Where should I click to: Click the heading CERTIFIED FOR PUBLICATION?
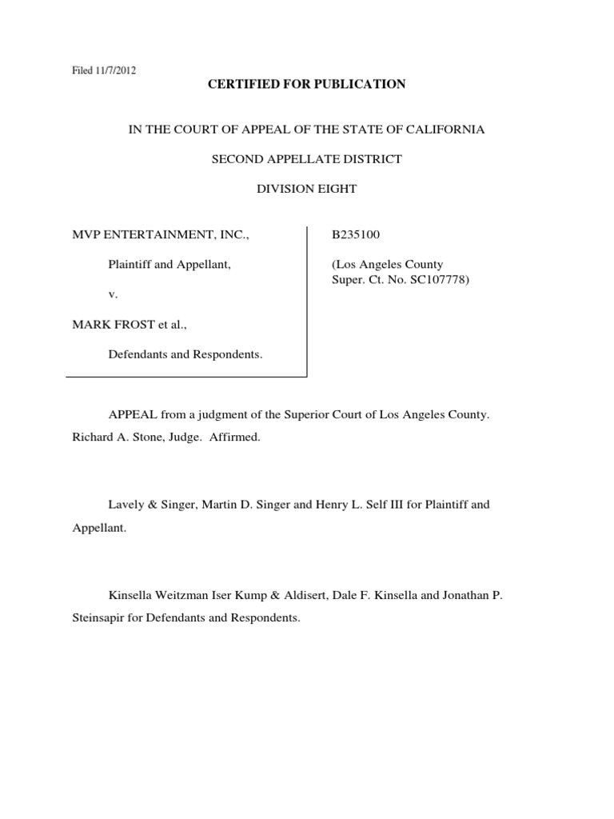point(307,84)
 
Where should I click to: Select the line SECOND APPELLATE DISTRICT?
point(306,159)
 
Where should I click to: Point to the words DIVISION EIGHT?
point(306,189)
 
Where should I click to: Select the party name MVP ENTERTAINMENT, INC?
point(161,235)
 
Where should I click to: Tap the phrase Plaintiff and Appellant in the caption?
point(169,265)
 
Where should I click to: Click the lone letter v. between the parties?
point(113,294)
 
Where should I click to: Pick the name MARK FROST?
point(109,324)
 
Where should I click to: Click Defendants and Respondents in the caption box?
point(185,354)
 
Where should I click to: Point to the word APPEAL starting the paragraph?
point(131,417)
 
